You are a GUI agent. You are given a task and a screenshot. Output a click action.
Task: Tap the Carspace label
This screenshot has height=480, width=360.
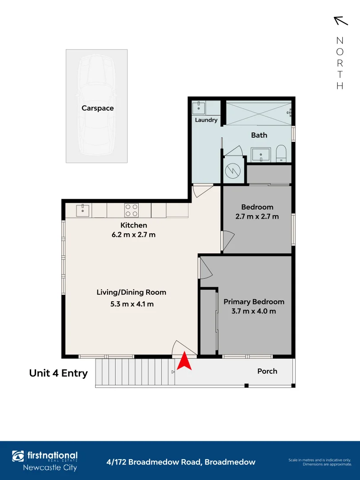pyautogui.click(x=97, y=108)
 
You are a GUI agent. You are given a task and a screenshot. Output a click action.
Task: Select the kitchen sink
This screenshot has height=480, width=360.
pyautogui.click(x=83, y=210)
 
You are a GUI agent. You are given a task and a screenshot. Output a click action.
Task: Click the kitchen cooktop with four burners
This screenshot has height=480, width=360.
pyautogui.click(x=131, y=210)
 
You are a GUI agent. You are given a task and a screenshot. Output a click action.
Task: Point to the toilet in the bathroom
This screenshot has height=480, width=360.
pyautogui.click(x=282, y=154)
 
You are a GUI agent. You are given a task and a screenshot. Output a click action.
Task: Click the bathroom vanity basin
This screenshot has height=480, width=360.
pyautogui.click(x=260, y=155)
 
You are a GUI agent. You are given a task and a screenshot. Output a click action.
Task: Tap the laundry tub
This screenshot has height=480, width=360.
pyautogui.click(x=198, y=108)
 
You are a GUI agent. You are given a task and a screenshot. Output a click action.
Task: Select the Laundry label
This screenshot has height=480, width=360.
pyautogui.click(x=206, y=120)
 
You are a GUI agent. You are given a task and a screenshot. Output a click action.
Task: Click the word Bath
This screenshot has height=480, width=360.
pyautogui.click(x=259, y=135)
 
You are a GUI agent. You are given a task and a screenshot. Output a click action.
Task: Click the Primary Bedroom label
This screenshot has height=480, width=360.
pyautogui.click(x=254, y=301)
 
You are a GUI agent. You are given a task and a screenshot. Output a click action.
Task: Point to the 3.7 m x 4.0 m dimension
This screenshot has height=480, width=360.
pyautogui.click(x=254, y=311)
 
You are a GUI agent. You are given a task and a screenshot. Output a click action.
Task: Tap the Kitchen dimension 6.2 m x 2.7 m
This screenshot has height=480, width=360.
pyautogui.click(x=133, y=235)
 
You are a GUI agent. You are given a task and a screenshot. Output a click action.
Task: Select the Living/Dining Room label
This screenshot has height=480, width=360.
pyautogui.click(x=132, y=292)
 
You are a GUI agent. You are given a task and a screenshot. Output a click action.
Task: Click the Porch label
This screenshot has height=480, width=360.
pyautogui.click(x=267, y=371)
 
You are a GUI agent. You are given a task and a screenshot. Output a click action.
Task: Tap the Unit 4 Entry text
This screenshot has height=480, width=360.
pyautogui.click(x=58, y=373)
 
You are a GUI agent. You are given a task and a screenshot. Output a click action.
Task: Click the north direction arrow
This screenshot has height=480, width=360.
pyautogui.click(x=340, y=21)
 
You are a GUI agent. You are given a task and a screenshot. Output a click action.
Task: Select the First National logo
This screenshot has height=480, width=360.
pyautogui.click(x=44, y=461)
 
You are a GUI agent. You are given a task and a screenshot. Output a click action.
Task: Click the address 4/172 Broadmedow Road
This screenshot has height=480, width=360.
pyautogui.click(x=181, y=462)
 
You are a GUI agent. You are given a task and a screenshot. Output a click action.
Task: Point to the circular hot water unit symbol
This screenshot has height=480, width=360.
pyautogui.click(x=232, y=170)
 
